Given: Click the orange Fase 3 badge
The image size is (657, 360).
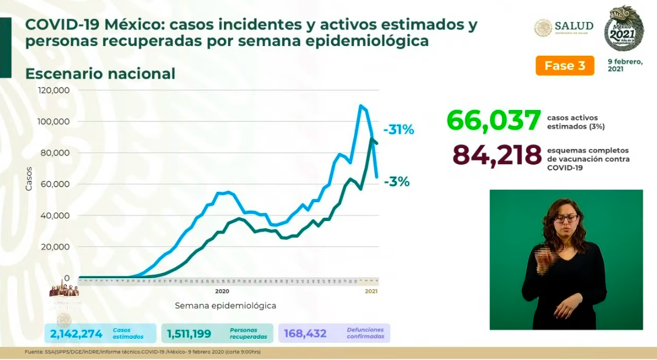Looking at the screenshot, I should (564, 66).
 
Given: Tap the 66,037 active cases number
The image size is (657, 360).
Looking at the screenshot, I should (493, 120).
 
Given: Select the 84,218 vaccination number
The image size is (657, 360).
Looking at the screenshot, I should (497, 155).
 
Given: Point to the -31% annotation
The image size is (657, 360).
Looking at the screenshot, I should (398, 130).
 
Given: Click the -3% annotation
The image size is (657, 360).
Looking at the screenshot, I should (397, 182).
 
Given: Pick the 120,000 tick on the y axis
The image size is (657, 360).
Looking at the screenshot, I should (54, 90).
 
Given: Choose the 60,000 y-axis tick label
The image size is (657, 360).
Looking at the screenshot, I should (55, 184).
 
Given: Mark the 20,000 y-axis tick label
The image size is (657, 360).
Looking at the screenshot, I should (55, 247).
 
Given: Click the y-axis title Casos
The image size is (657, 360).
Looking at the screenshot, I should (29, 179).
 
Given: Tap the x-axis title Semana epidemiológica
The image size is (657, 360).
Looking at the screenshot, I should (225, 305).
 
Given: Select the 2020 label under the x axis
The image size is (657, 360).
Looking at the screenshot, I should (222, 291).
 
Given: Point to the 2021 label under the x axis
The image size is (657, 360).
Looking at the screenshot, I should (371, 291).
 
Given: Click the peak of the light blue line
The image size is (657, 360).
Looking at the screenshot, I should (360, 105).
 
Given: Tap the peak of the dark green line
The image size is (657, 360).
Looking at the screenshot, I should (373, 139).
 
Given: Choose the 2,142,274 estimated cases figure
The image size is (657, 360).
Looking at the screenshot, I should (76, 334).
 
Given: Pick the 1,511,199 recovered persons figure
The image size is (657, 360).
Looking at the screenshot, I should (189, 334).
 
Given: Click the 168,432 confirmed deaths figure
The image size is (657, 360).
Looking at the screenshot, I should (305, 334).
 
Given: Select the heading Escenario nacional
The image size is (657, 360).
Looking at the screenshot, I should (100, 74).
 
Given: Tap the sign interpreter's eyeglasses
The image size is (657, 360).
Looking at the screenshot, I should (565, 219).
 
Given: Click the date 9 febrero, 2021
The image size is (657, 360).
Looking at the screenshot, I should (625, 65).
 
